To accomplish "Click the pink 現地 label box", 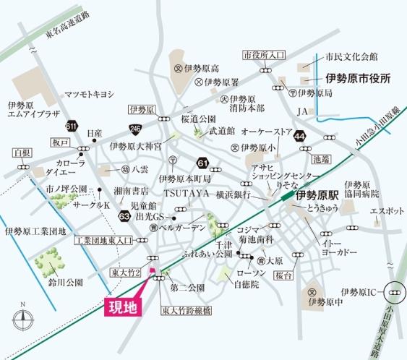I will pyautogui.click(x=120, y=307).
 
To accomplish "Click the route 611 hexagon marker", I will pyautogui.click(x=71, y=127).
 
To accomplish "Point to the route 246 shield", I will pyautogui.click(x=135, y=128).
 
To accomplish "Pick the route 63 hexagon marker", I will pyautogui.click(x=125, y=215).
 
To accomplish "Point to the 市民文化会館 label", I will pyautogui.click(x=351, y=56).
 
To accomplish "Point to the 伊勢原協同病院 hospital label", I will pyautogui.click(x=360, y=189).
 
